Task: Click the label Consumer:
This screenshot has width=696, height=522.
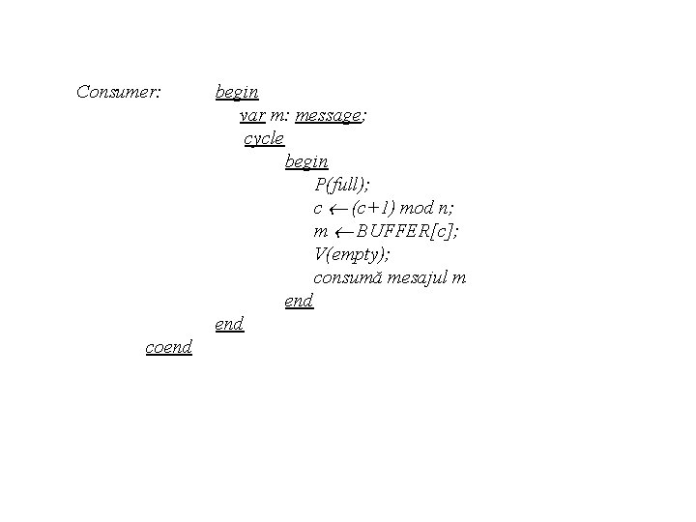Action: point(118,93)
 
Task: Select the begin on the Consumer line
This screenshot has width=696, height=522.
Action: point(237,93)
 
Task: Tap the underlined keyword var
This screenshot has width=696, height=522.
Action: point(252,116)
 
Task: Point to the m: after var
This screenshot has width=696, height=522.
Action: point(280,116)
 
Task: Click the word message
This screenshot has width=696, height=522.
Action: point(329,116)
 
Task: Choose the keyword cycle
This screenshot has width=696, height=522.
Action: point(264,139)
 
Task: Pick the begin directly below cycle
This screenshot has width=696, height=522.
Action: point(306,161)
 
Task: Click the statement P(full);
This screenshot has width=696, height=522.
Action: point(342,185)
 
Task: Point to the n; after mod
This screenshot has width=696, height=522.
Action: point(448,208)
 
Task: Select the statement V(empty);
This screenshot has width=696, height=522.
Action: point(353,254)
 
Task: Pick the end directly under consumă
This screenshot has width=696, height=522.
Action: point(299,301)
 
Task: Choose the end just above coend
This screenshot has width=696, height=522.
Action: point(229,324)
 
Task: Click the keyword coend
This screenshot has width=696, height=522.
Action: point(168,347)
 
